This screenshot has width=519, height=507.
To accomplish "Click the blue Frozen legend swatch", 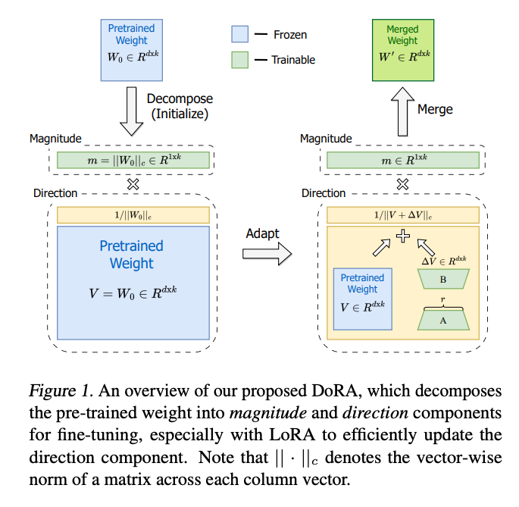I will [x=240, y=34].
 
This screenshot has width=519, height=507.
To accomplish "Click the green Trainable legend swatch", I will [x=240, y=59].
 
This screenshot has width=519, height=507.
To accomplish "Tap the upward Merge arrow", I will [x=402, y=109].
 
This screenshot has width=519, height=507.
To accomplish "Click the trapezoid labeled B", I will [x=444, y=277].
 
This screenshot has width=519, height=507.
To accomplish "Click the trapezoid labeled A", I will [x=444, y=319].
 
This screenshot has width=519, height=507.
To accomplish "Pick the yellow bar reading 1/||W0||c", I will [x=133, y=215].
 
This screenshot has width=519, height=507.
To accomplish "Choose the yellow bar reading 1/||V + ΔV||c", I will [x=403, y=215].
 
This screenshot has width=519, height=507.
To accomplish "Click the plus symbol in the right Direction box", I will [x=403, y=236].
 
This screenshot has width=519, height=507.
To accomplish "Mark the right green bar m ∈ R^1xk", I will [x=402, y=160].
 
